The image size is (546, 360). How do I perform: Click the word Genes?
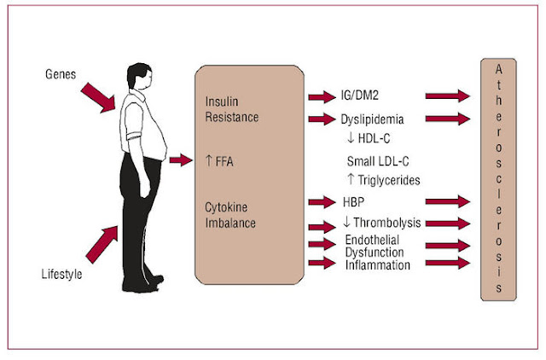61,74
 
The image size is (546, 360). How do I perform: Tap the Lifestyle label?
61,275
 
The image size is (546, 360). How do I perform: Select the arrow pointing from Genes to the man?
98,98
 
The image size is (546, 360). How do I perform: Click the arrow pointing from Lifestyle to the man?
102,244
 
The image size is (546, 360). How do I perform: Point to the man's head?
139,76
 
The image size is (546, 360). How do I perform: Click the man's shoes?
143,284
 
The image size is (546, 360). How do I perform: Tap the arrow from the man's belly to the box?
181,160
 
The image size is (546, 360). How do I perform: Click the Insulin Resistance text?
231,109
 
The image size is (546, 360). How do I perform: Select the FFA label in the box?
219,161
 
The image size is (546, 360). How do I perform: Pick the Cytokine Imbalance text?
230,215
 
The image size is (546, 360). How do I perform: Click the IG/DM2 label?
360,95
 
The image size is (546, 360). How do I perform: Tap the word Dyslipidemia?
372,119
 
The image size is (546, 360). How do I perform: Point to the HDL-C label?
374,138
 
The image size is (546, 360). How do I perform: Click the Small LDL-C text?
378,161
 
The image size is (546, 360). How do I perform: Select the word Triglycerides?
389,180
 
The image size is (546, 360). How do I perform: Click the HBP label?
353,202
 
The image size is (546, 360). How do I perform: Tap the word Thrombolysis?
387,223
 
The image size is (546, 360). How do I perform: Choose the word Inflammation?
378,265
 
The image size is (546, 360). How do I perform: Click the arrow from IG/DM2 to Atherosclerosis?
448,96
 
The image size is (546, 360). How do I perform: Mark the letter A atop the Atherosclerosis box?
498,70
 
